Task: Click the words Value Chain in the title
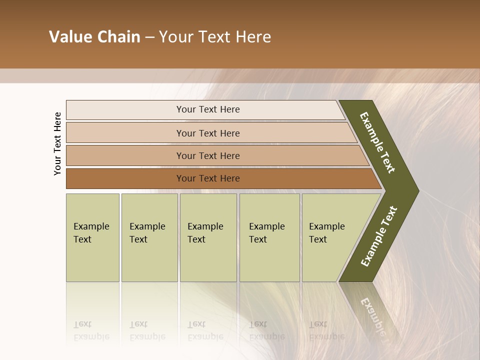pyautogui.click(x=94, y=37)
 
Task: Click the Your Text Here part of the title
pyautogui.click(x=215, y=37)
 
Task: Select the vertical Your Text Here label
pyautogui.click(x=57, y=143)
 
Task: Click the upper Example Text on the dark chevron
pyautogui.click(x=377, y=142)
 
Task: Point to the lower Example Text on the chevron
pyautogui.click(x=378, y=236)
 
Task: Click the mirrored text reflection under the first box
pyautogui.click(x=91, y=330)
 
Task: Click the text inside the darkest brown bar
pyautogui.click(x=208, y=178)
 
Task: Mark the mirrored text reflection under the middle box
pyautogui.click(x=205, y=330)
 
